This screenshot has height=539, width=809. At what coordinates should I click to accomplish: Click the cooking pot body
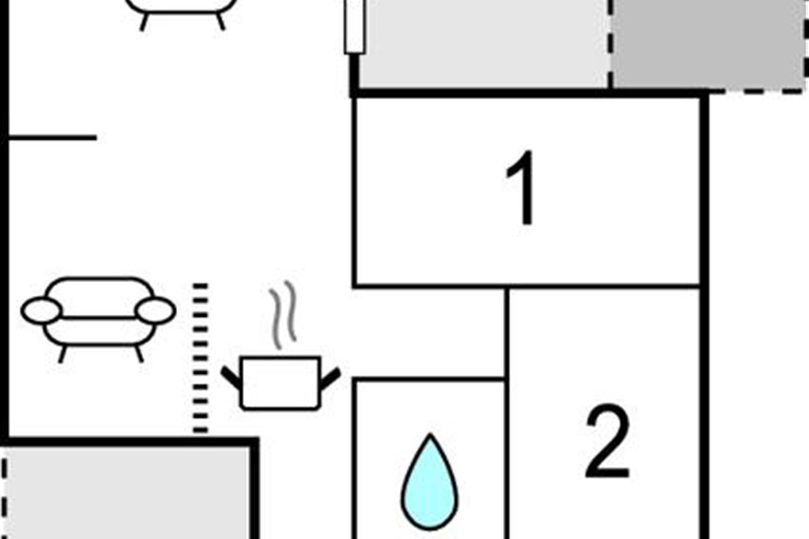(x=280, y=383)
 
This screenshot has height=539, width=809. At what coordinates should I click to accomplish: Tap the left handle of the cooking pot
(x=231, y=378)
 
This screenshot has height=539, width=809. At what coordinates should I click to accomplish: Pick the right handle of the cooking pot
(x=330, y=378)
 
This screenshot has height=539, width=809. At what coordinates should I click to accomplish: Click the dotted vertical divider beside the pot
(x=200, y=358)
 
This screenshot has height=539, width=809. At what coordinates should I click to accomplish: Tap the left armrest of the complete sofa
(x=41, y=311)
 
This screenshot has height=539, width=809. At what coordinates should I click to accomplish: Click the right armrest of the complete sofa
(x=156, y=311)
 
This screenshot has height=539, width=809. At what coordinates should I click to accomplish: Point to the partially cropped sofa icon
(x=182, y=10)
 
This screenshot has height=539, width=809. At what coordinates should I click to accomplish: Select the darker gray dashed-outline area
(x=708, y=44)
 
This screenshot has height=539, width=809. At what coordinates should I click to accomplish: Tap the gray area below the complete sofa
(x=128, y=492)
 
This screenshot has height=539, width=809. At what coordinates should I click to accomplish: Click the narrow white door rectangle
(x=355, y=26)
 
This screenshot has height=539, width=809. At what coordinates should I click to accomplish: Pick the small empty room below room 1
(x=429, y=333)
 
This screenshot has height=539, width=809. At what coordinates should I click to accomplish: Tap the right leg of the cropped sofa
(x=220, y=22)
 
